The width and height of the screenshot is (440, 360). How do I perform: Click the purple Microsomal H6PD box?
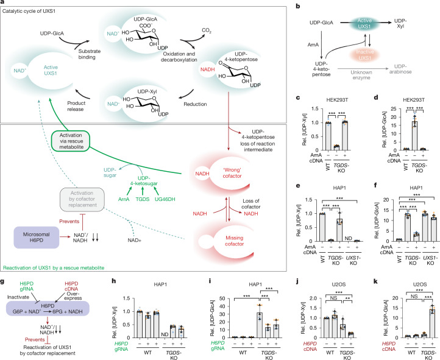(37, 237)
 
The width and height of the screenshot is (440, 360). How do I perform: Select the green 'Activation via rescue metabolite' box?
(71, 141)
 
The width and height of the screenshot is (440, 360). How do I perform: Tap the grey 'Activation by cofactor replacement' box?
(82, 199)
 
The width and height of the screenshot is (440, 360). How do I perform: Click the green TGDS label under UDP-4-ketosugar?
(143, 199)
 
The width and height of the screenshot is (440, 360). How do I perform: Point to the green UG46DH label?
(165, 199)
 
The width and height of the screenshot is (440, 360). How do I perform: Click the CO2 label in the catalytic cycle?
(207, 30)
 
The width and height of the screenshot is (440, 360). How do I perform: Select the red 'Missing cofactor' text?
(234, 241)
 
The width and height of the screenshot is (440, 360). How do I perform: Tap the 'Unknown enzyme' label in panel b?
(361, 75)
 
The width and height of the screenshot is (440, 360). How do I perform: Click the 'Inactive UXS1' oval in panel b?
(365, 55)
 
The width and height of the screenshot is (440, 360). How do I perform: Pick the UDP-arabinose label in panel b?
(400, 69)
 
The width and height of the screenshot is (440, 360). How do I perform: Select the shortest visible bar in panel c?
(336, 148)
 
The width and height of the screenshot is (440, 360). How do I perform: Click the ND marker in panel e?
(348, 238)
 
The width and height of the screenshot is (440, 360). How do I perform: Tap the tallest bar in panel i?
(260, 325)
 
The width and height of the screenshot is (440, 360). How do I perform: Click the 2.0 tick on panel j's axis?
(314, 298)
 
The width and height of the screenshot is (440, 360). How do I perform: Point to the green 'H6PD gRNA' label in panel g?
(27, 286)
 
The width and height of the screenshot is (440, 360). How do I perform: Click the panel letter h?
(113, 281)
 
